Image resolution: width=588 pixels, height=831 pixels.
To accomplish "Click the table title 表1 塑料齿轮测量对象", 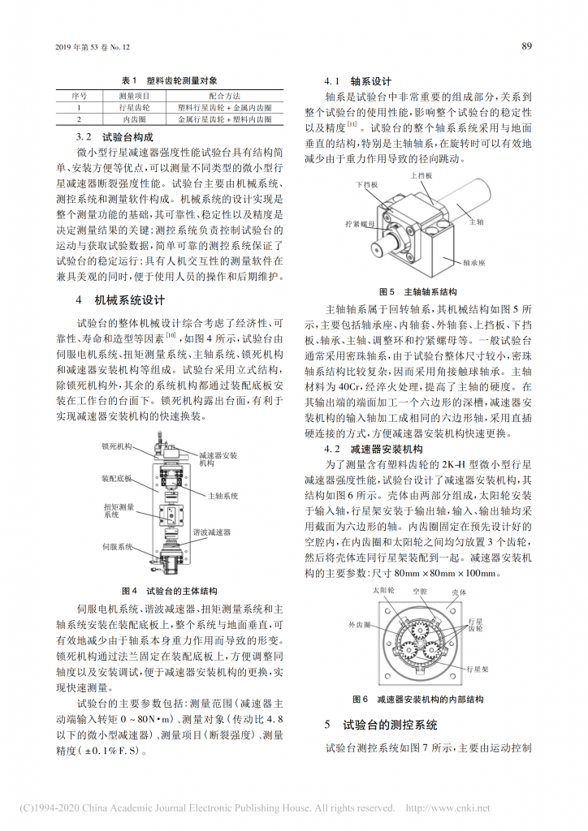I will tap(169, 80).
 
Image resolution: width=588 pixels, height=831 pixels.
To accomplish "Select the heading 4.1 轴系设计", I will tap(358, 81).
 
